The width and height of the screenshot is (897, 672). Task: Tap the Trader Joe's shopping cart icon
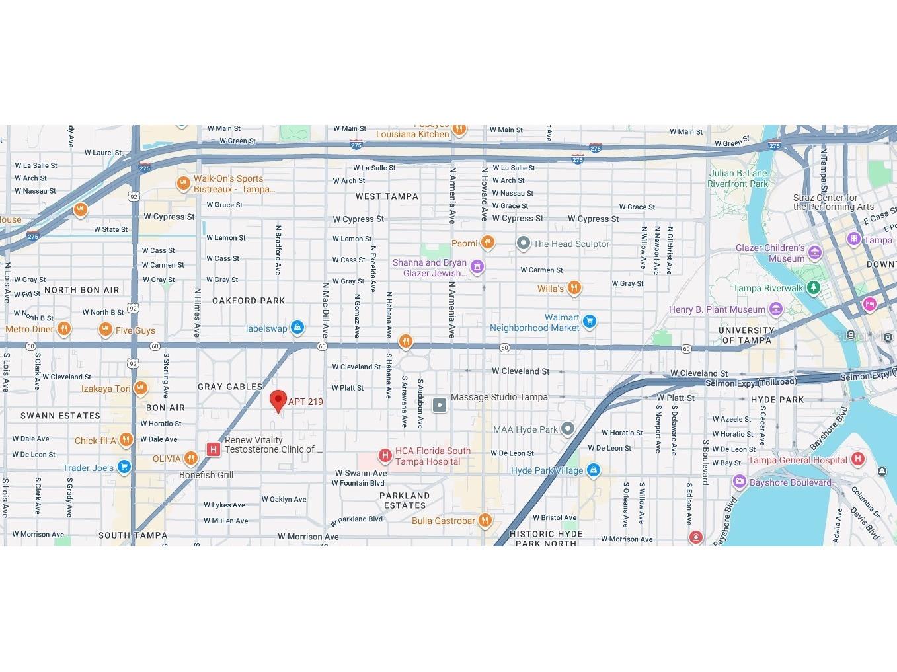click(x=124, y=467)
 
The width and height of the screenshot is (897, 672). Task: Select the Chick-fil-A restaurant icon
click(x=126, y=440)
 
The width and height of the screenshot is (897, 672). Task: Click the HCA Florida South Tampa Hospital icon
click(x=385, y=455)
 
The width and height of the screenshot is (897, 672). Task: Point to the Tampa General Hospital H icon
click(x=857, y=459)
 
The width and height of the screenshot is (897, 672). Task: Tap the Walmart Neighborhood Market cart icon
click(x=589, y=322)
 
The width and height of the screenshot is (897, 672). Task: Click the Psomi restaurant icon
click(x=487, y=243)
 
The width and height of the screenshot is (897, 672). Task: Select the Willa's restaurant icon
click(x=574, y=288)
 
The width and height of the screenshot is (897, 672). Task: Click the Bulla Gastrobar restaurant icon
click(x=485, y=520)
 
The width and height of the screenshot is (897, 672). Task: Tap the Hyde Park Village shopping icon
click(x=593, y=470)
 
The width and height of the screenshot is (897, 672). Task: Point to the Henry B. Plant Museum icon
click(x=775, y=309)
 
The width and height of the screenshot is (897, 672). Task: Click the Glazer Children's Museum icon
click(x=814, y=252)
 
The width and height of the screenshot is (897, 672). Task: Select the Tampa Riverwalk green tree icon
click(x=813, y=287)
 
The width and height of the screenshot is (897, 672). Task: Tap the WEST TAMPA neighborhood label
click(x=387, y=196)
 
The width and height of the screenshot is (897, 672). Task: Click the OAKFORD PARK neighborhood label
click(x=248, y=301)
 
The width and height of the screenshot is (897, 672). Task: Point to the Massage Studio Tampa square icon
click(x=440, y=404)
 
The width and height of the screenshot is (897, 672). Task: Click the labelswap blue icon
click(x=297, y=327)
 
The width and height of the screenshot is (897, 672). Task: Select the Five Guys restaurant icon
click(x=105, y=330)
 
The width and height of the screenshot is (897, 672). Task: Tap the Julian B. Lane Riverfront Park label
click(x=738, y=178)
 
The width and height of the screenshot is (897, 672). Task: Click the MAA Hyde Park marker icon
click(x=568, y=429)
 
